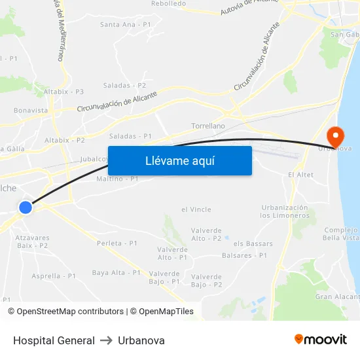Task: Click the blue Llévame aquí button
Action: [x=179, y=160]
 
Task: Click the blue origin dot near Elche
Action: [x=26, y=207]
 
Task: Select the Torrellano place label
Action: [x=208, y=126]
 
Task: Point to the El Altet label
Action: [x=300, y=175]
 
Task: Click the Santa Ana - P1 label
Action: [x=126, y=24]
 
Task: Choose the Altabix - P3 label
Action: [x=63, y=92]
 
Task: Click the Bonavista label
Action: [x=31, y=111]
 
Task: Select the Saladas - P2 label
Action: [x=124, y=85]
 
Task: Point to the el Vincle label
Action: [x=196, y=209]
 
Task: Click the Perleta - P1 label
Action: [x=117, y=243]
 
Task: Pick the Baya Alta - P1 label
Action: [x=117, y=272]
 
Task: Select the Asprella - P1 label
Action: [x=54, y=276]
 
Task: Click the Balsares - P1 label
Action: [x=245, y=255]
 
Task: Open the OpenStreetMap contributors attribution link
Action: [x=66, y=312]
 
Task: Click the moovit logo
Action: [x=320, y=339]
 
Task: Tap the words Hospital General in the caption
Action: [x=54, y=340]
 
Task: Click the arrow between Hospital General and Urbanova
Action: [x=106, y=340]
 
